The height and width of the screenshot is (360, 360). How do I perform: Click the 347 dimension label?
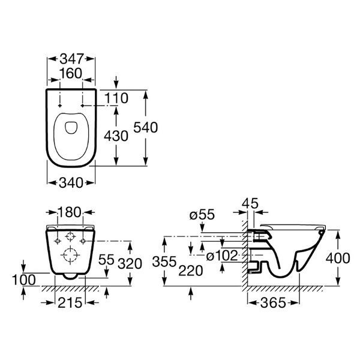(x=71, y=59)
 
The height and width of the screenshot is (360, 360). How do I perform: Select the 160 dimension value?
(x=71, y=73)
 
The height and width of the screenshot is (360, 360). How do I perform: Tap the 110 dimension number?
(x=116, y=98)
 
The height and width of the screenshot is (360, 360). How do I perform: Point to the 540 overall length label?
(x=146, y=127)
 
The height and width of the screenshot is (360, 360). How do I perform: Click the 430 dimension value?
(x=116, y=136)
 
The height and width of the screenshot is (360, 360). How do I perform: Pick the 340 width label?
(x=71, y=183)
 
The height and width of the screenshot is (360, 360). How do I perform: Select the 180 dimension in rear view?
(x=70, y=212)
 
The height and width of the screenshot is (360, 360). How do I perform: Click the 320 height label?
(x=130, y=263)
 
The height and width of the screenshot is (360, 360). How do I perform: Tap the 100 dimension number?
(x=24, y=280)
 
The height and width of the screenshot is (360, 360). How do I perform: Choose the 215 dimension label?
(x=70, y=302)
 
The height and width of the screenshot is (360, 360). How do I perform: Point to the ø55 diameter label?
(x=202, y=215)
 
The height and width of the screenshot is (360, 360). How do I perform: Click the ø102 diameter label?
(x=222, y=256)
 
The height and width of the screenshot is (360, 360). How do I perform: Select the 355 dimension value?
(x=164, y=262)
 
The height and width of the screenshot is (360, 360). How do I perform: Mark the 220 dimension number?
(x=191, y=271)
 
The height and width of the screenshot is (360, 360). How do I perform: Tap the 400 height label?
(x=338, y=258)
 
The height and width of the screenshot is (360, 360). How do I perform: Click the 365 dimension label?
(x=273, y=303)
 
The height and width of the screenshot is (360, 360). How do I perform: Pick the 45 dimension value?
(x=250, y=203)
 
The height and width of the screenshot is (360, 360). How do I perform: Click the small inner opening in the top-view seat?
(x=71, y=127)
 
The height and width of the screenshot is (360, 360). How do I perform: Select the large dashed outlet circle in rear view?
(x=70, y=254)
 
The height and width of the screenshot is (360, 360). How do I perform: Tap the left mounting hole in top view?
(x=60, y=106)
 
